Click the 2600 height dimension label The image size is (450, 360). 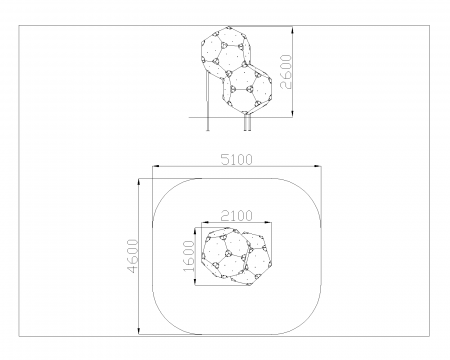(286, 72)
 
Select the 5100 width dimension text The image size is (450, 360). (237, 160)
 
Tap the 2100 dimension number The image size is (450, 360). (237, 216)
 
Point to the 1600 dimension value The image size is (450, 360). (189, 256)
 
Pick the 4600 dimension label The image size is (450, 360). (133, 256)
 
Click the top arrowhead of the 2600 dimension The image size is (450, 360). (293, 30)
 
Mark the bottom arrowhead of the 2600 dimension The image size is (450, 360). (293, 114)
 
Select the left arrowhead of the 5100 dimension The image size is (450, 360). (156, 166)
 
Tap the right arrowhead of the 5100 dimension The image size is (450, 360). (318, 166)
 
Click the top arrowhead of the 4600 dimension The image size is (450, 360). (139, 182)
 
